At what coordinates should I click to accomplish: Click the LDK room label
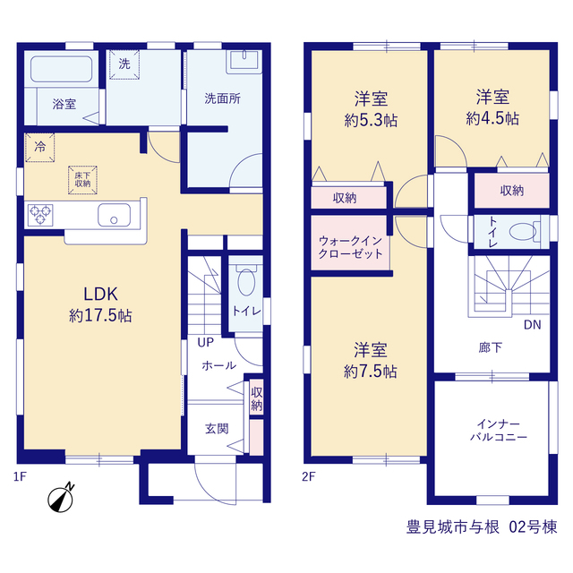point(100,294)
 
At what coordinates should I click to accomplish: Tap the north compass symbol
point(61,498)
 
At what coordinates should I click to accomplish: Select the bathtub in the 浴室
point(62,69)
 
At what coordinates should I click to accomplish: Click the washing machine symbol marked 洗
point(124,64)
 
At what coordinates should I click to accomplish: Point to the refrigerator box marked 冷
point(39,147)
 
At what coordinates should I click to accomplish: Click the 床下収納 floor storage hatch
point(82,180)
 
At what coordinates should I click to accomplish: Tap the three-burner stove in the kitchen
point(40,215)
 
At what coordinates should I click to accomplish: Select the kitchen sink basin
point(114,215)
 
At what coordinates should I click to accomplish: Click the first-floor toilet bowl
point(246,281)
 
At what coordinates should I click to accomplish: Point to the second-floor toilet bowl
point(523,232)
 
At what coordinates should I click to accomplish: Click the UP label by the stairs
point(205,342)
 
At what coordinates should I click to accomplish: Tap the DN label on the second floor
point(532,325)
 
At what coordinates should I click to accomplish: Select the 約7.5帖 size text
point(370,372)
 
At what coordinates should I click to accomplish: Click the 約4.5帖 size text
point(492,118)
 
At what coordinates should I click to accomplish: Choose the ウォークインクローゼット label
point(350,247)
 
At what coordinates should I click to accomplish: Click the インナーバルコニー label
point(499,431)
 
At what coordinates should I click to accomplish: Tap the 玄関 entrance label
point(217,429)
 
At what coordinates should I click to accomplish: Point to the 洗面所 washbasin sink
point(244,62)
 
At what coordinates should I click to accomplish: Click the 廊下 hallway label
point(491,347)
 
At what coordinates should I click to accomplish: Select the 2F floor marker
point(308,476)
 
